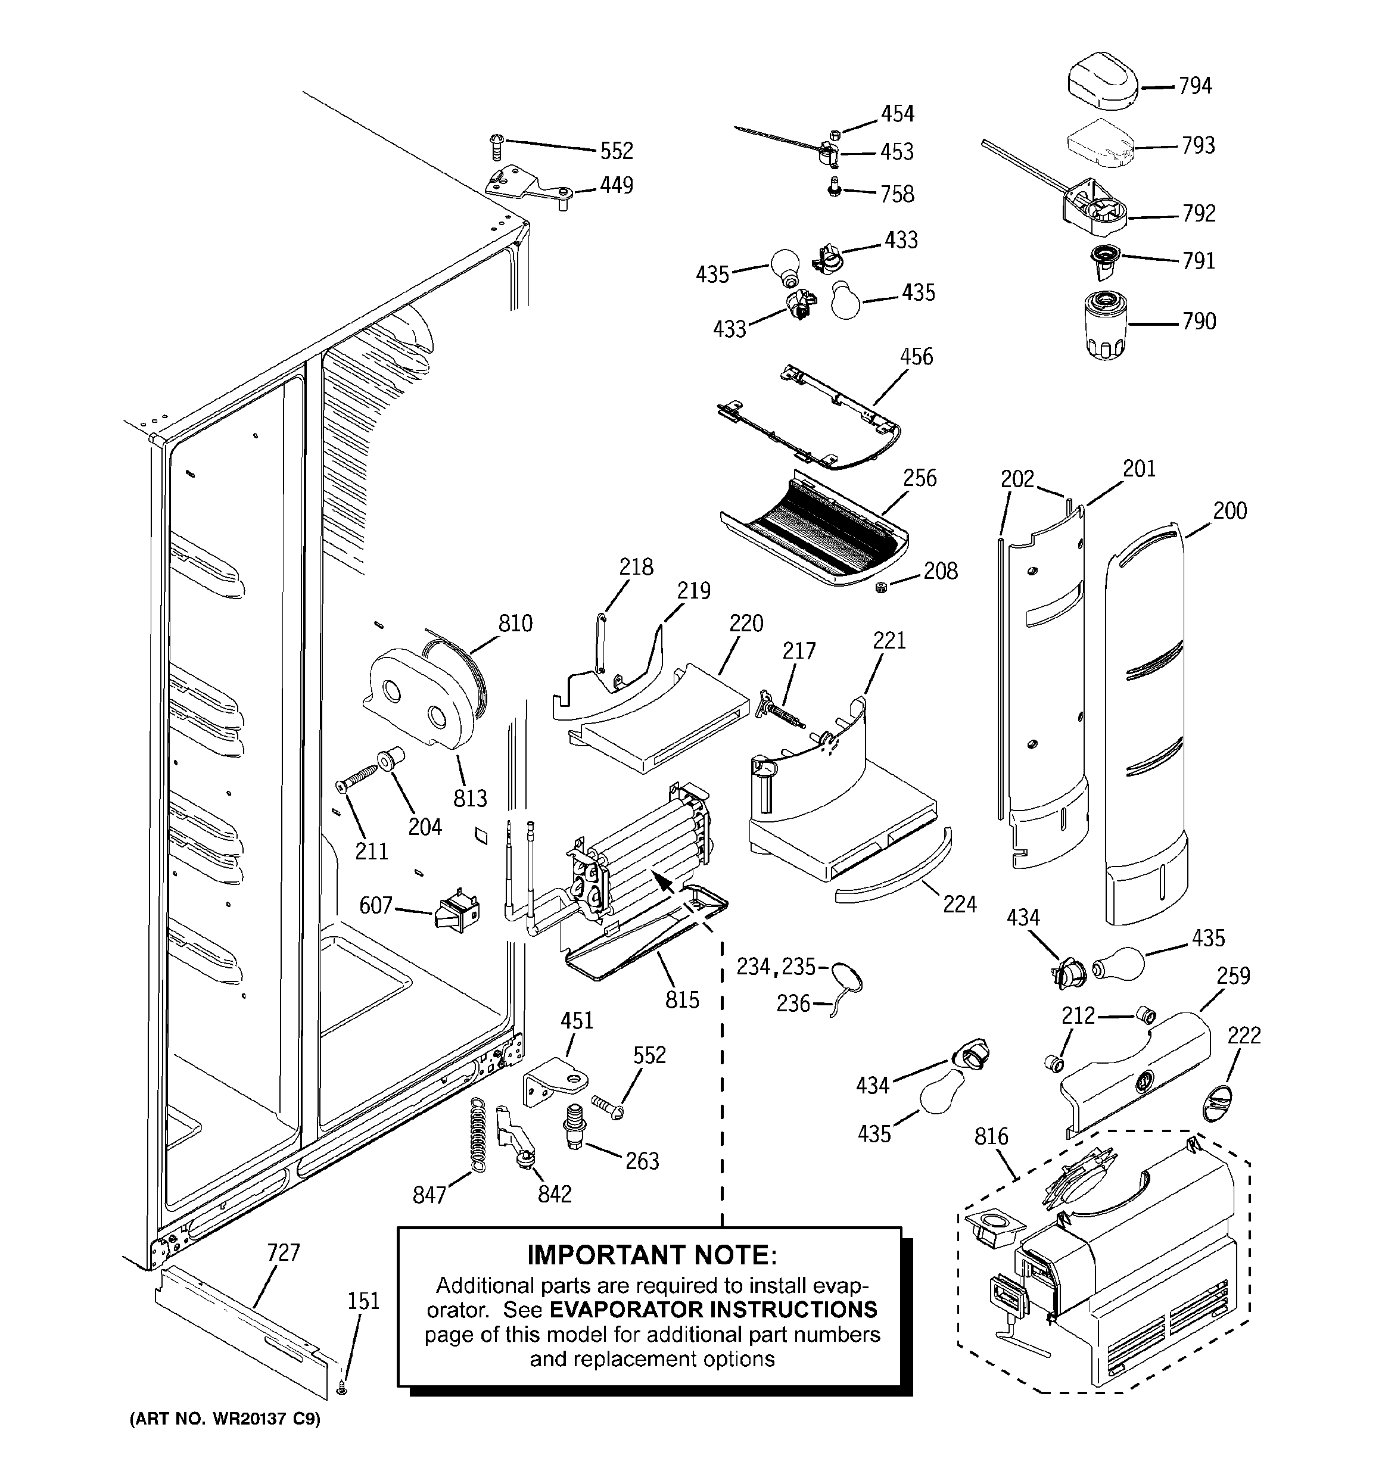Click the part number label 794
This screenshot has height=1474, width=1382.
1195,86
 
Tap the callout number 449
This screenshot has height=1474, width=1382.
617,185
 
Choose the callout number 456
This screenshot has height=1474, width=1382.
916,357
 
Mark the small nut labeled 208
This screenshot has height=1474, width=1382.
881,588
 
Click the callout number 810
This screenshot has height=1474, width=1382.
515,624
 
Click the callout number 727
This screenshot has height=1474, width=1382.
284,1252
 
